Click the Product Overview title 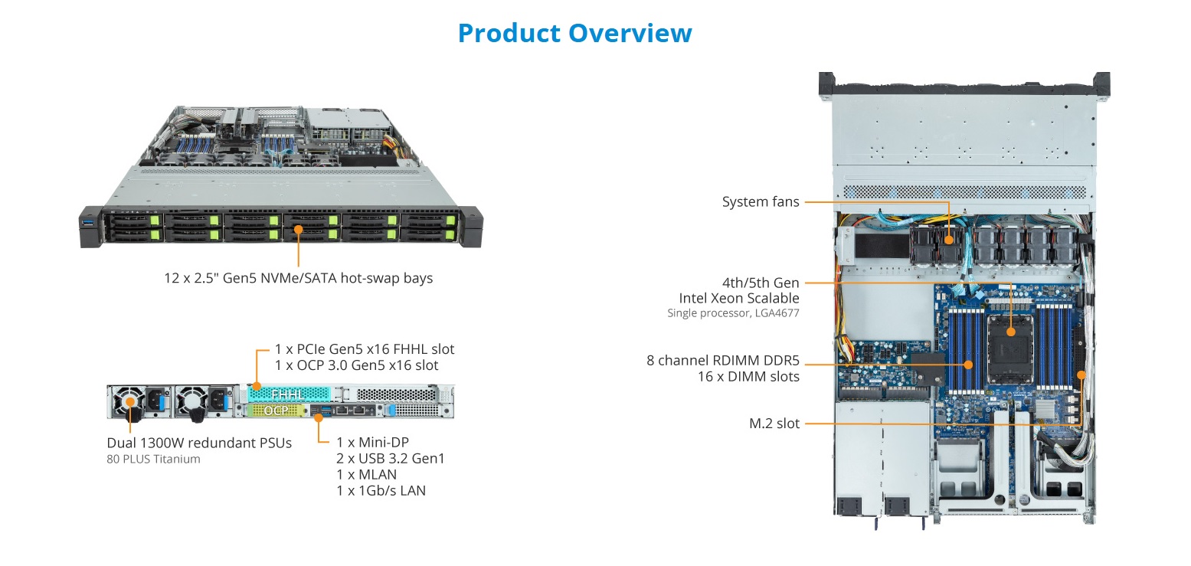pos(574,33)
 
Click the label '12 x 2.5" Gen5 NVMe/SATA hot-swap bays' pos(298,278)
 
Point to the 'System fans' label pos(761,202)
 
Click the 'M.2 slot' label pos(774,424)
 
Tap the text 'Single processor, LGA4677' pos(733,312)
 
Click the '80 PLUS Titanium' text pos(153,460)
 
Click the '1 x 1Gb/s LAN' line pos(381,490)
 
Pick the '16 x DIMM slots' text pos(748,376)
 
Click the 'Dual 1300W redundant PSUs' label pos(199,443)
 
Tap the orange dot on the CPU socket pos(1011,332)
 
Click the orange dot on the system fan pos(950,240)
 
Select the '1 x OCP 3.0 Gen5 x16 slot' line pos(356,365)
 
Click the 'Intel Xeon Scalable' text pos(739,298)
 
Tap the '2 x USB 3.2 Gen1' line pos(390,458)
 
